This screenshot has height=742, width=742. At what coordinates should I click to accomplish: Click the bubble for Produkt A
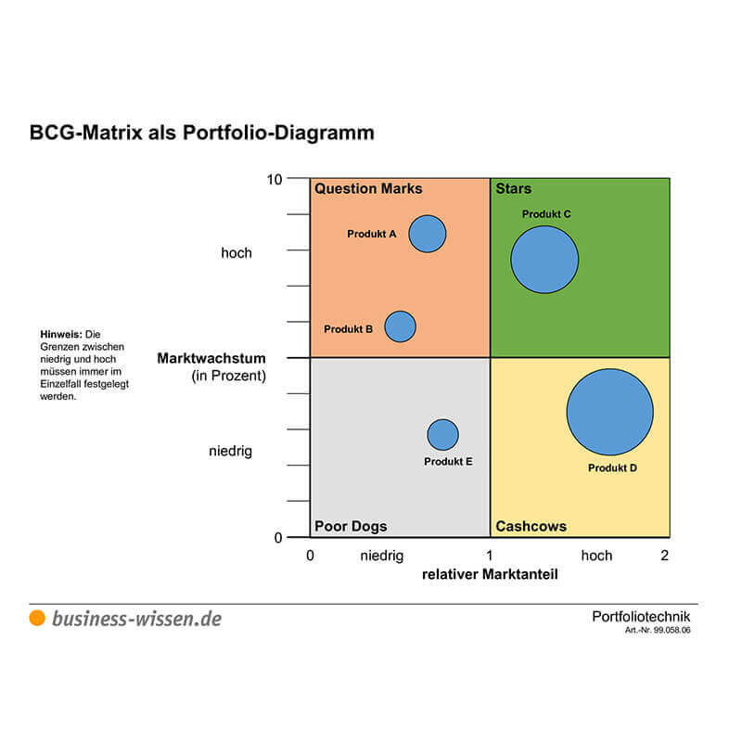428,234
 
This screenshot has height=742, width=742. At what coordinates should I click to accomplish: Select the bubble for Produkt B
400,326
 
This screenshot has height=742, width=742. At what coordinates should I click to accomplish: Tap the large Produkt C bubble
544,260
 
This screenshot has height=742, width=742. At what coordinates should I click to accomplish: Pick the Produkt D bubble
609,412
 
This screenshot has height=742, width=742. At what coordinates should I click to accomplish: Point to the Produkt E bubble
442,435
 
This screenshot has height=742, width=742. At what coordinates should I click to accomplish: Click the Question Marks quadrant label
368,189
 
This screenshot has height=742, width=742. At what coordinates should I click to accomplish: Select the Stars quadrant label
513,189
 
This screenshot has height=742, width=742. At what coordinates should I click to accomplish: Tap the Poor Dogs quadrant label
351,527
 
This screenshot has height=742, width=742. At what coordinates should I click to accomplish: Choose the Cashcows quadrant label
531,527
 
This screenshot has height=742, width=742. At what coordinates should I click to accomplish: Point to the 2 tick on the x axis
664,556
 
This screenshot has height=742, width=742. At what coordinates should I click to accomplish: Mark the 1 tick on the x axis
490,556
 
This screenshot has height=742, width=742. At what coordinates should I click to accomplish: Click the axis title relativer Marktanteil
490,575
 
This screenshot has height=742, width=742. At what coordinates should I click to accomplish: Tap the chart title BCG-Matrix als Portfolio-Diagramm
202,133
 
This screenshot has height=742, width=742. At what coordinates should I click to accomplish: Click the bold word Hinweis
60,334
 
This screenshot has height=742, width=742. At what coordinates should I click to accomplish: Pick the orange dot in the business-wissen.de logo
37,619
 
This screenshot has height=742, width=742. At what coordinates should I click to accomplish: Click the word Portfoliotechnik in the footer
641,617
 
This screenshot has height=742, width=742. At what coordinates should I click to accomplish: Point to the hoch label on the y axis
236,253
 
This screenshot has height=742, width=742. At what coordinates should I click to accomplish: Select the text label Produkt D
612,468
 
